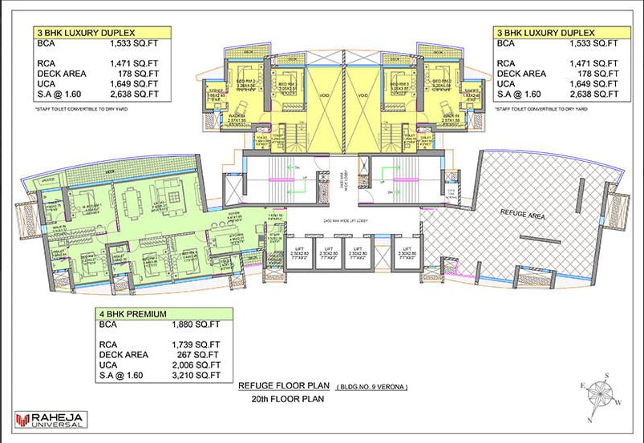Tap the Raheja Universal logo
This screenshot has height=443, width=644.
[x=51, y=419]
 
